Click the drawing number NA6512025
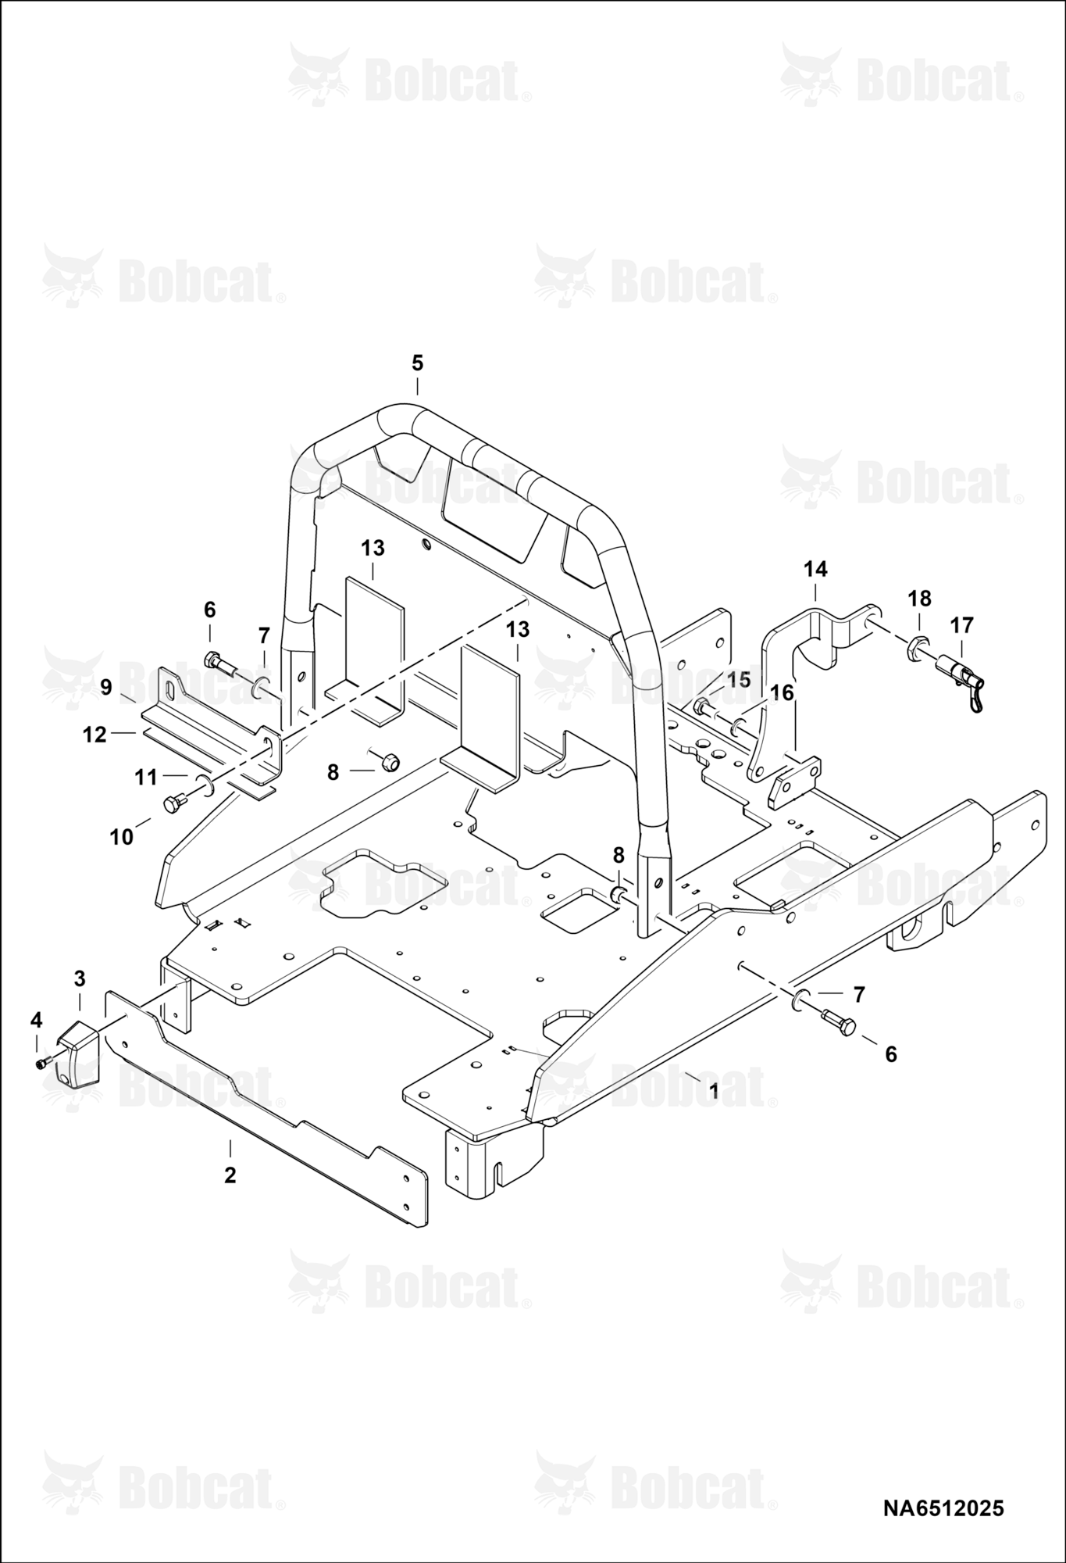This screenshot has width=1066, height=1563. coord(943,1508)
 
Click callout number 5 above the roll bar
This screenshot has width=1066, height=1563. coord(417,363)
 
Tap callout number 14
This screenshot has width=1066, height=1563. coord(815,569)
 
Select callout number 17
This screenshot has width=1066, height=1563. coord(962,625)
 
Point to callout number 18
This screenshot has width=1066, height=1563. coord(920,599)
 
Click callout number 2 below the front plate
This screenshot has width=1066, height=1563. coord(230,1175)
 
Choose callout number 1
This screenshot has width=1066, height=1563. coord(713,1092)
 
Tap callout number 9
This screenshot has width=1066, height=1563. coord(106,687)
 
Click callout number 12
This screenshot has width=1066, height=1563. coord(94,735)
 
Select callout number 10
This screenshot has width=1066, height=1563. coord(122,838)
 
